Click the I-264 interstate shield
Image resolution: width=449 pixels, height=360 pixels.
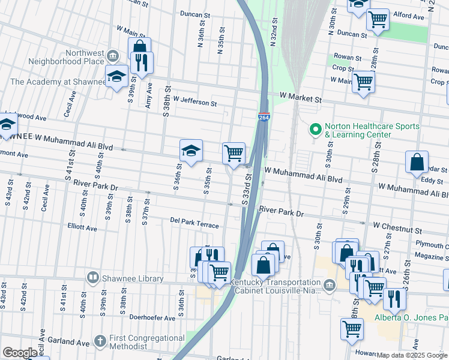click(x=264, y=118)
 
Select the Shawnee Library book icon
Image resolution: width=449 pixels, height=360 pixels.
click(x=93, y=277)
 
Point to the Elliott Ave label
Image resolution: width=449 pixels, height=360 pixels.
click(x=82, y=228)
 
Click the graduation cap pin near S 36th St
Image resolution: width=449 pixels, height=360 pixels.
click(x=191, y=151)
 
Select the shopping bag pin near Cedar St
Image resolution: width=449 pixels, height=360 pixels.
click(x=417, y=162)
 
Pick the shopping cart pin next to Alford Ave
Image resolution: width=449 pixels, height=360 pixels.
click(x=378, y=19)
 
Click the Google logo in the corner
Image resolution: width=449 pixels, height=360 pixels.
click(x=20, y=353)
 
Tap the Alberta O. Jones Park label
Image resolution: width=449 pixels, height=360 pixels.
click(x=411, y=317)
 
